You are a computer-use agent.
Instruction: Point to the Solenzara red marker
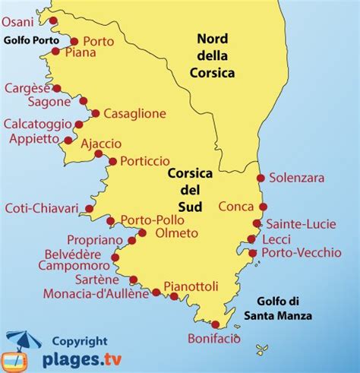[x=261, y=179]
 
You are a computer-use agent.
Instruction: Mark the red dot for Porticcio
[x=113, y=161]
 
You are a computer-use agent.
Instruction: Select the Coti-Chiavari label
[x=43, y=207]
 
